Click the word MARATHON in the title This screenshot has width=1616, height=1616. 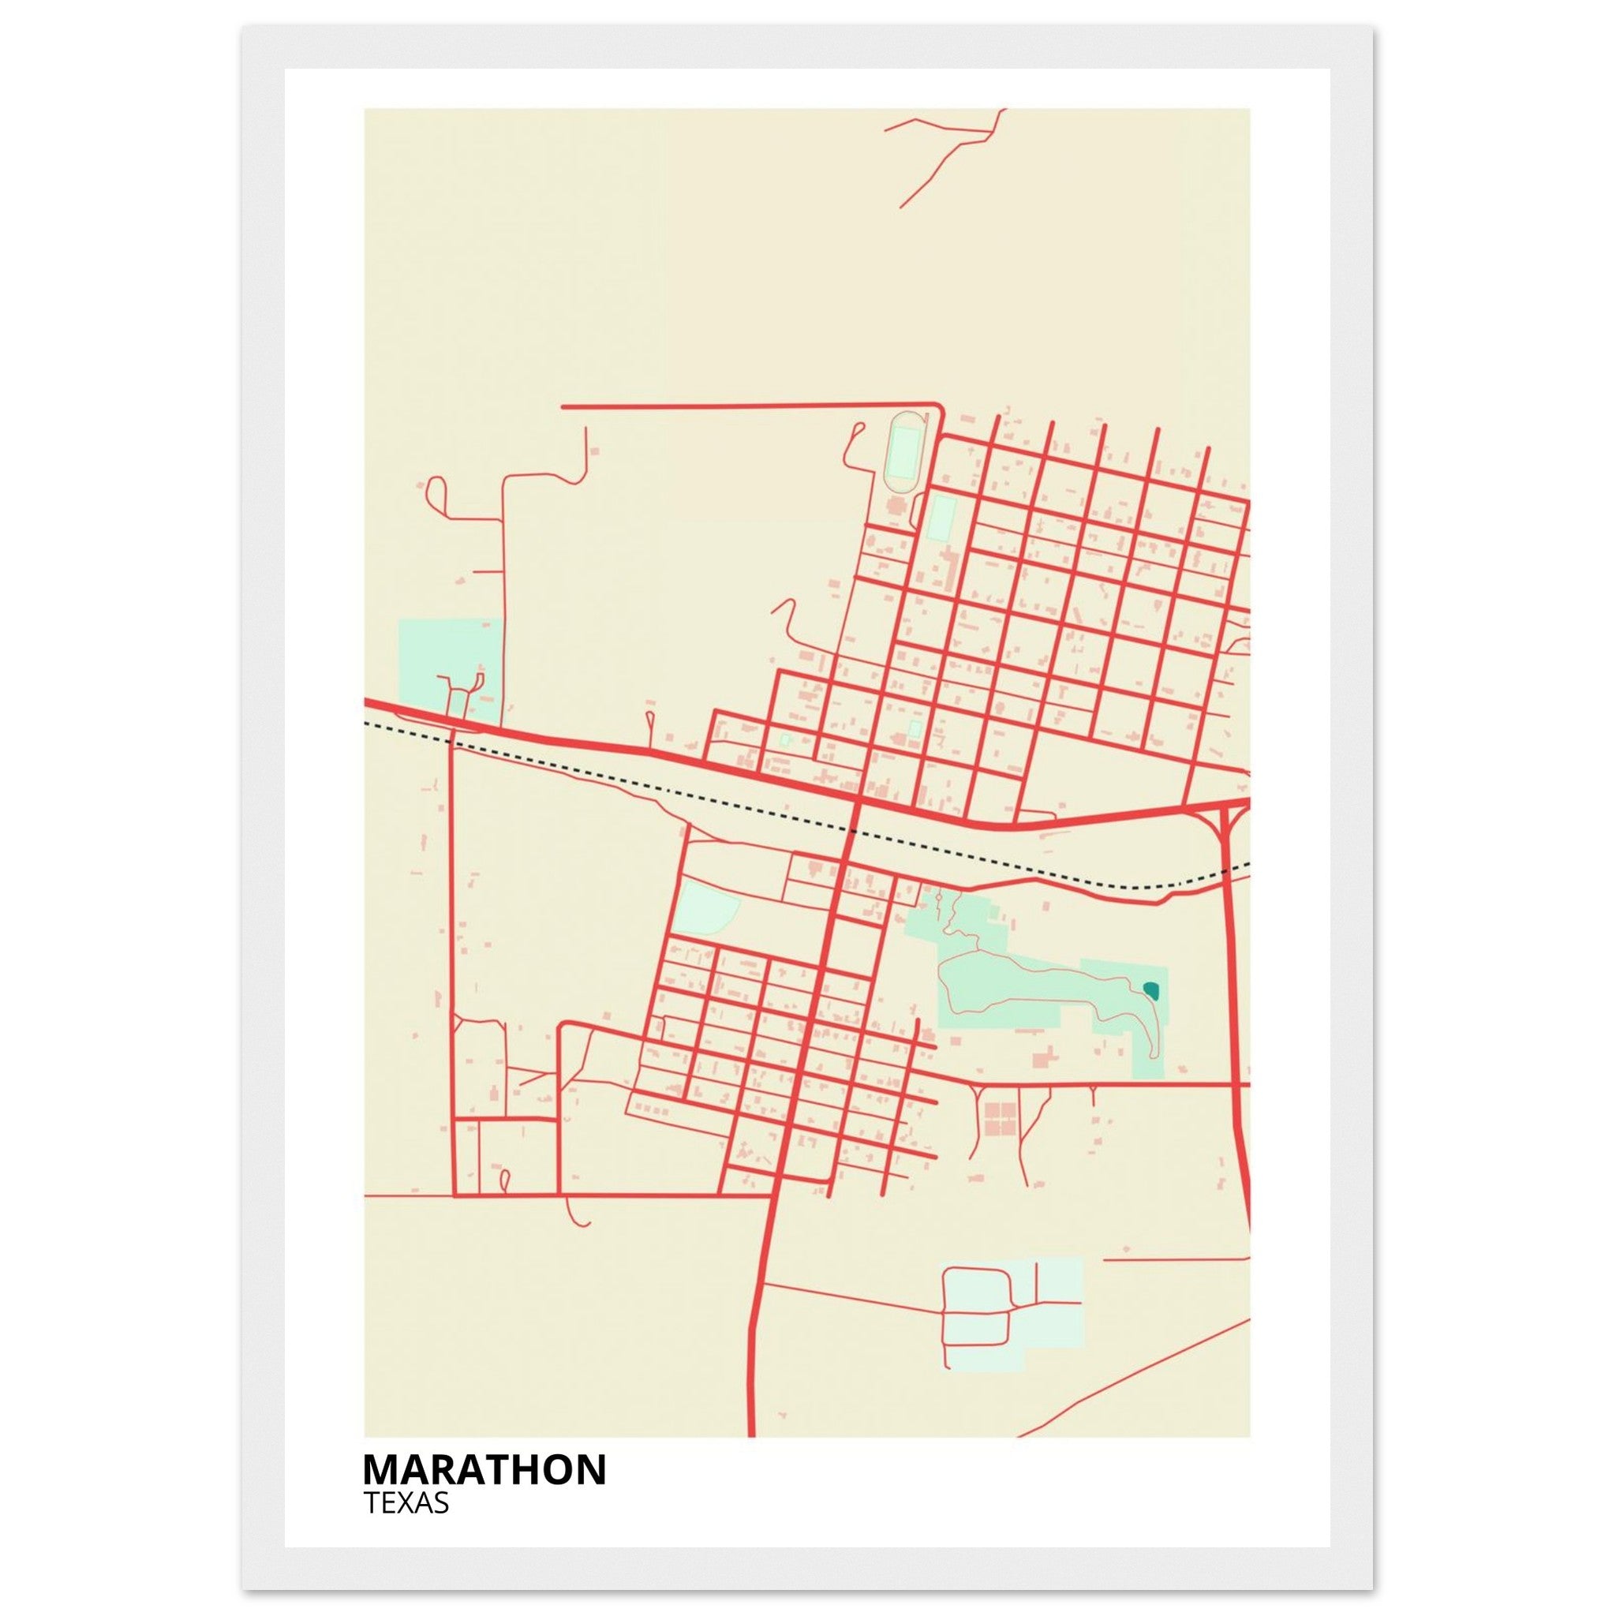click(x=484, y=1469)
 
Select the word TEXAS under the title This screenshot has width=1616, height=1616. click(x=406, y=1503)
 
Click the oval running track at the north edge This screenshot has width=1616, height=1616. click(x=903, y=451)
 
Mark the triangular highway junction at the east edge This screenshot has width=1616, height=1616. click(x=1228, y=816)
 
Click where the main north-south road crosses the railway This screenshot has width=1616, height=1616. click(x=852, y=830)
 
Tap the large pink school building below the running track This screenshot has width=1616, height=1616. click(x=896, y=506)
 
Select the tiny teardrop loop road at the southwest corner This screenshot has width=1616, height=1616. click(x=504, y=1180)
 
